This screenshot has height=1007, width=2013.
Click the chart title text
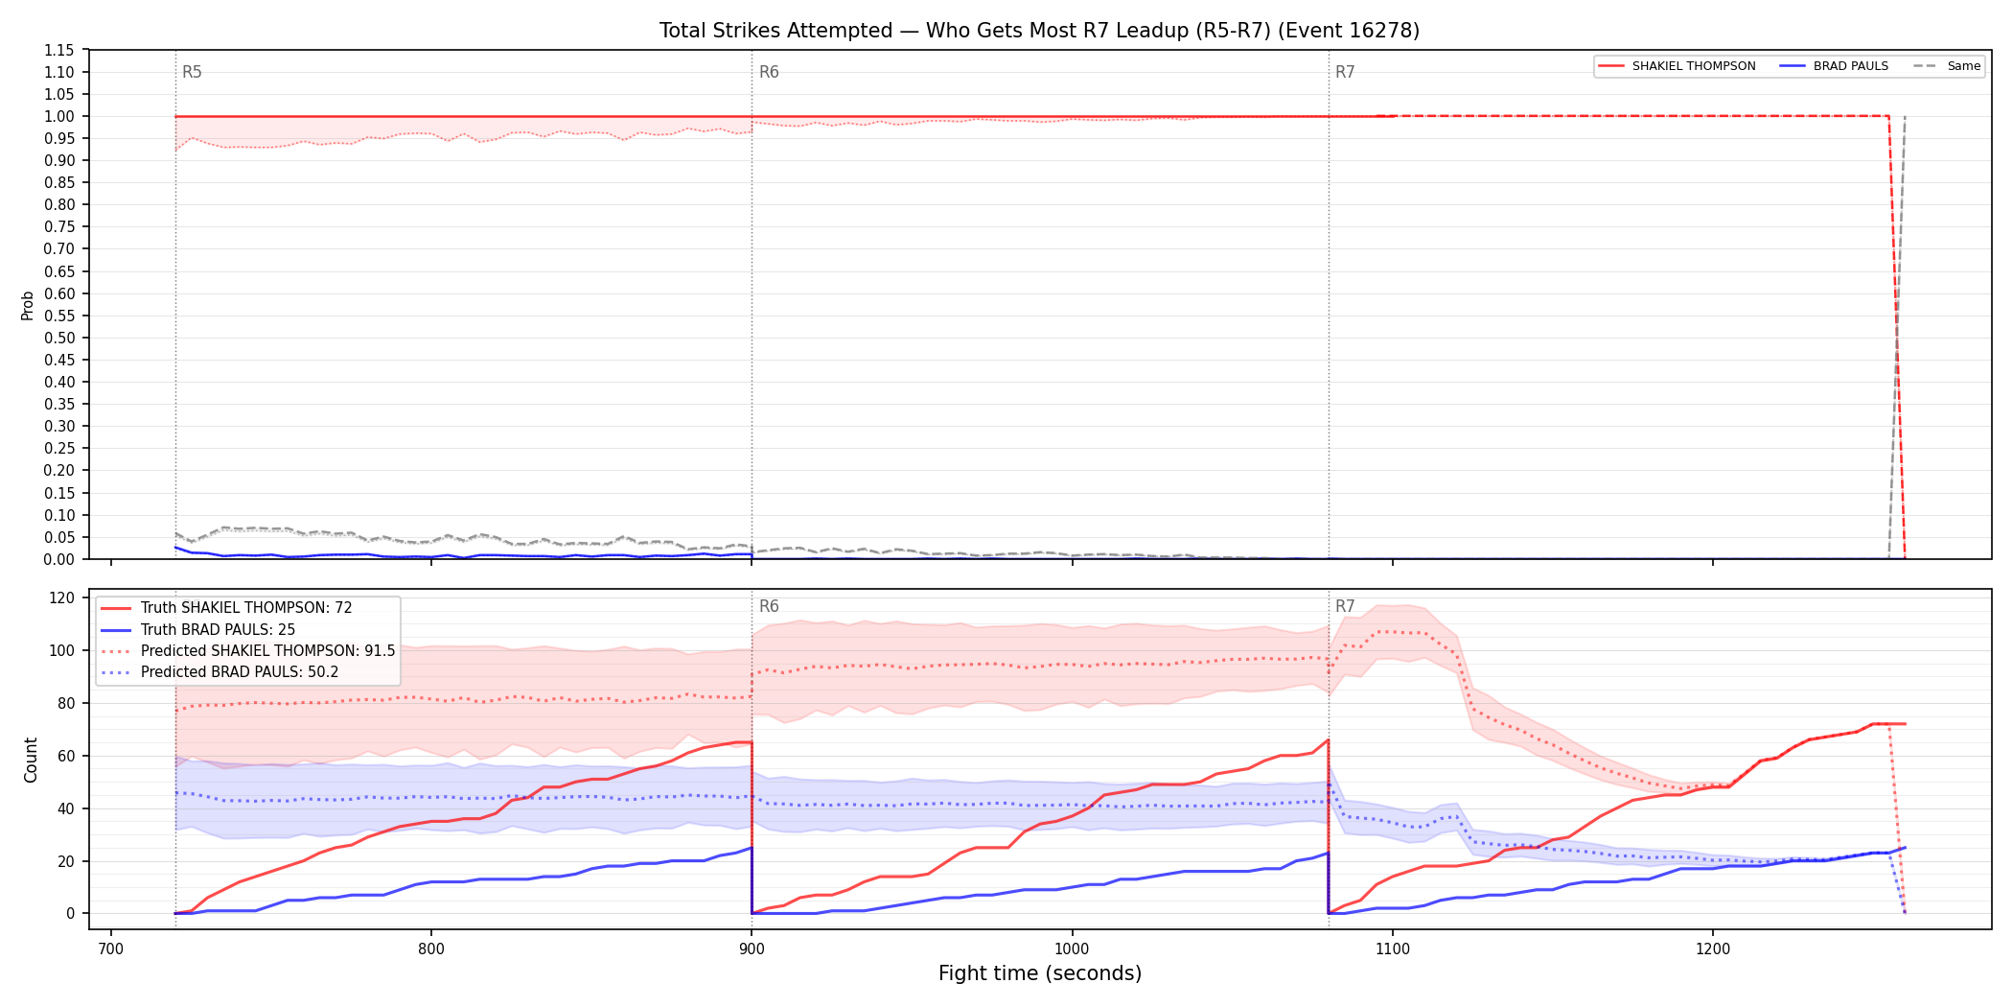point(1039,31)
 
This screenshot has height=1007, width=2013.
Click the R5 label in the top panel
point(192,72)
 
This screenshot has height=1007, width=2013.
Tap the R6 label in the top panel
point(769,72)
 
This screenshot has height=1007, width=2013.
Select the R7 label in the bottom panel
point(1345,606)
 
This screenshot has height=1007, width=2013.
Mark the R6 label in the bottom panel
point(769,606)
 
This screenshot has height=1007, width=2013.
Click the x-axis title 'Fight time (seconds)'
point(1040,973)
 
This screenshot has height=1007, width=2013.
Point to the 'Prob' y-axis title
point(28,305)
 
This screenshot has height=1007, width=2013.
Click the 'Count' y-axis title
point(31,760)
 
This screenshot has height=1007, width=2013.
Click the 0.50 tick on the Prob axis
point(59,338)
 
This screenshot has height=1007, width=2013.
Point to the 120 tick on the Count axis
point(62,597)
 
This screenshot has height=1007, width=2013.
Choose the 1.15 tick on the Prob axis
point(59,50)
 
